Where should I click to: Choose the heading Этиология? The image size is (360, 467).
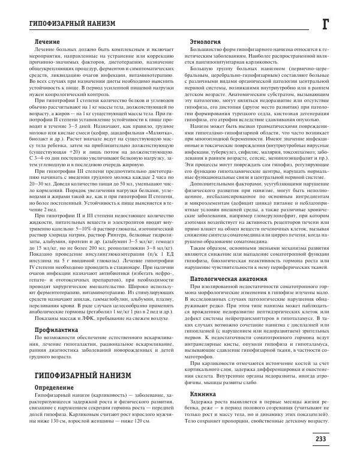click(201, 41)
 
